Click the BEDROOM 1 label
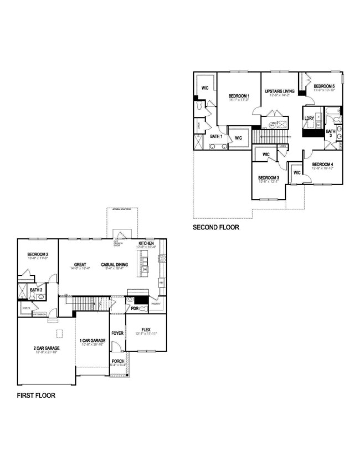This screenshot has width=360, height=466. point(239,96)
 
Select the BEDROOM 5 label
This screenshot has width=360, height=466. point(324,86)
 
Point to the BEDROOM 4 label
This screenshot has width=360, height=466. point(322,165)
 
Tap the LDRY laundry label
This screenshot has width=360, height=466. point(309,119)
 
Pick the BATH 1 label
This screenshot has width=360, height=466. point(216,136)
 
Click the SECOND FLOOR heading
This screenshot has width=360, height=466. point(216,227)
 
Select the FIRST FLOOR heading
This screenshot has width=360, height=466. point(36,396)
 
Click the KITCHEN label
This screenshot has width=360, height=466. point(147,244)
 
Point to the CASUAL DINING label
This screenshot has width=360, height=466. point(115,264)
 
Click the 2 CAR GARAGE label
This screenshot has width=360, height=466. point(46,349)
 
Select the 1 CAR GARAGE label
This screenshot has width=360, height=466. point(92,340)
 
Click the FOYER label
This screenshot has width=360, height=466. point(117,334)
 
